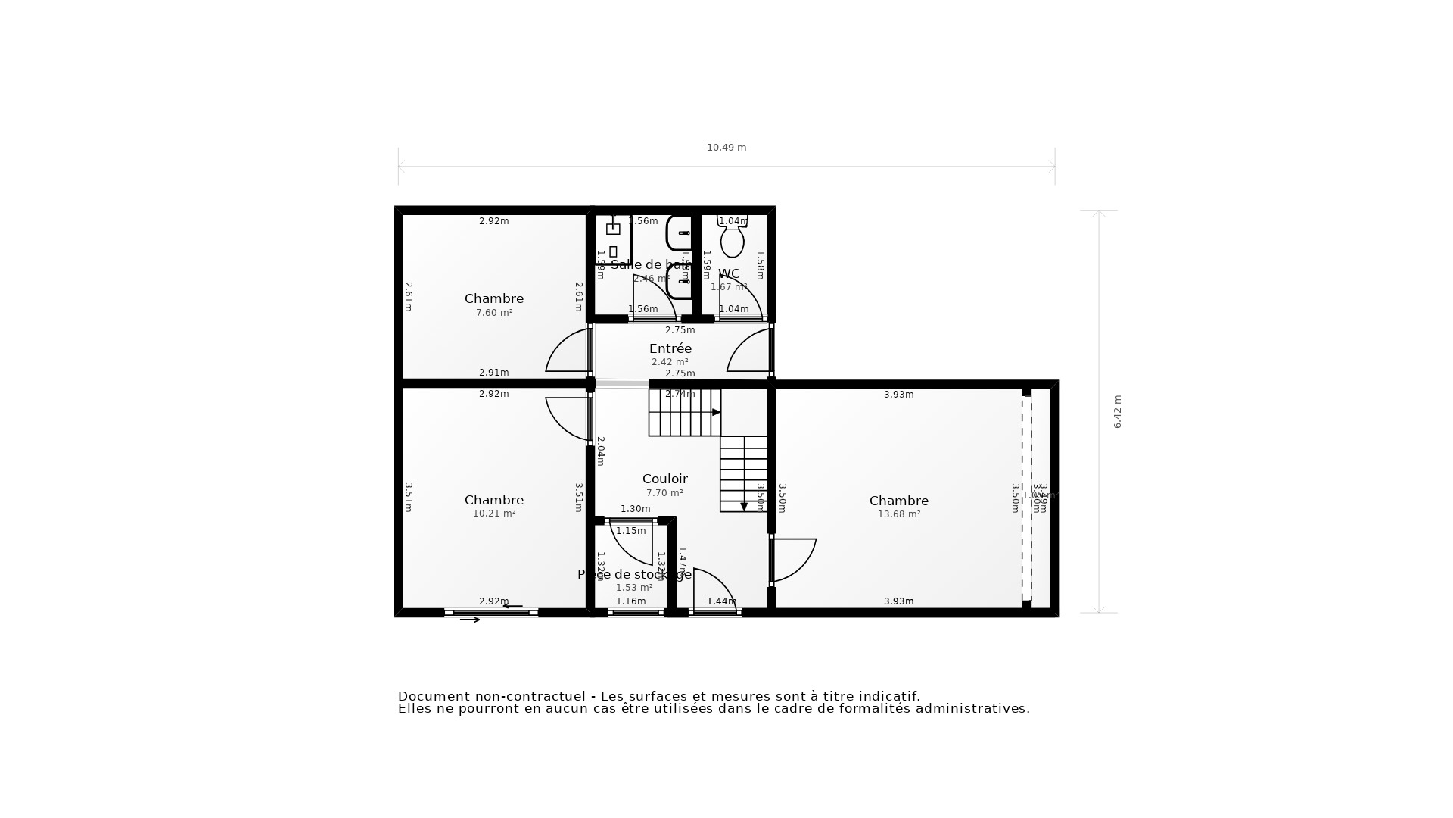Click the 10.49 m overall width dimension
[x=726, y=148]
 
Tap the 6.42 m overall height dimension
[x=1118, y=411]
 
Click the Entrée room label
[x=670, y=348]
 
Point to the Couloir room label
[x=664, y=479]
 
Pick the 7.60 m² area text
[x=494, y=313]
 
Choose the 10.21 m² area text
[x=494, y=514]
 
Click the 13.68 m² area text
[x=899, y=514]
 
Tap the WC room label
[x=729, y=273]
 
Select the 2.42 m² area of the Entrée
[x=670, y=362]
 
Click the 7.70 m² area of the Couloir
[x=664, y=493]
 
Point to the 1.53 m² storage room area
[x=634, y=588]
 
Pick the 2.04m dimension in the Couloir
[x=600, y=451]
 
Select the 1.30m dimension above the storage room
[x=636, y=509]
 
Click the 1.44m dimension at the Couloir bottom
[x=721, y=601]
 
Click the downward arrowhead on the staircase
[x=744, y=507]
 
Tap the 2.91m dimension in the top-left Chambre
[x=494, y=373]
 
